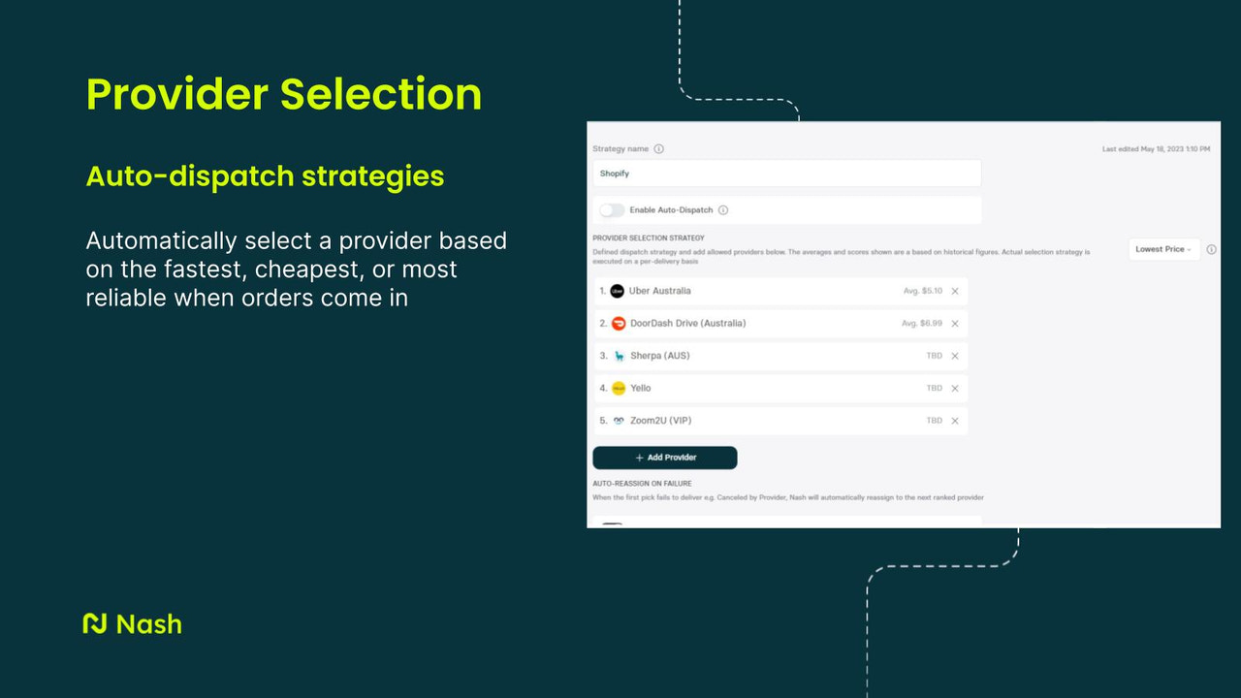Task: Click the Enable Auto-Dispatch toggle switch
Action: point(612,210)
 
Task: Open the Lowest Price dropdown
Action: point(1163,249)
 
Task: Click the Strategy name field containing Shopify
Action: point(786,174)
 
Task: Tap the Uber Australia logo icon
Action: point(618,291)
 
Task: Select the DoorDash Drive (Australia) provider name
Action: point(687,323)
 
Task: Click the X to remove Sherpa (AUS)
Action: point(955,356)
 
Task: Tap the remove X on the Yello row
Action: point(955,388)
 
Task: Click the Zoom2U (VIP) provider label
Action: point(660,421)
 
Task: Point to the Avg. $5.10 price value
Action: point(921,291)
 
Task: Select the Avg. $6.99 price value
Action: point(921,323)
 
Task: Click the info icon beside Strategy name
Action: point(659,149)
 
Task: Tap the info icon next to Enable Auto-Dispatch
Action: point(723,210)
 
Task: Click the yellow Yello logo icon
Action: point(619,388)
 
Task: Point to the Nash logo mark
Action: point(95,623)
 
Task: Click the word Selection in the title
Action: point(381,94)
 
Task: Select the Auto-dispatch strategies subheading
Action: point(265,175)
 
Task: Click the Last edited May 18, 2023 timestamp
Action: point(1156,149)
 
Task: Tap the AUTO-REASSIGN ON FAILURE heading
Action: point(642,483)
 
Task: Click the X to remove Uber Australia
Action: point(955,291)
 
